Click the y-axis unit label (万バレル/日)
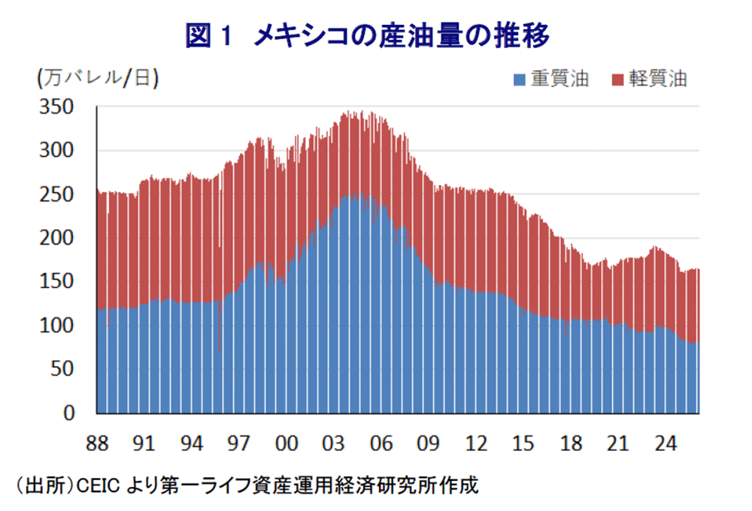tap(97, 78)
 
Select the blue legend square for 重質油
tap(518, 79)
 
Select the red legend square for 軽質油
tap(617, 79)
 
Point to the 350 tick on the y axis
tap(58, 107)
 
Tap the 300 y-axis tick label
tap(58, 151)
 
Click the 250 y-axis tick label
tap(58, 195)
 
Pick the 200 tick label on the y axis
tap(58, 238)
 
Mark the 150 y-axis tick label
tap(58, 282)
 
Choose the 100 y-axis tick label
tap(58, 325)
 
